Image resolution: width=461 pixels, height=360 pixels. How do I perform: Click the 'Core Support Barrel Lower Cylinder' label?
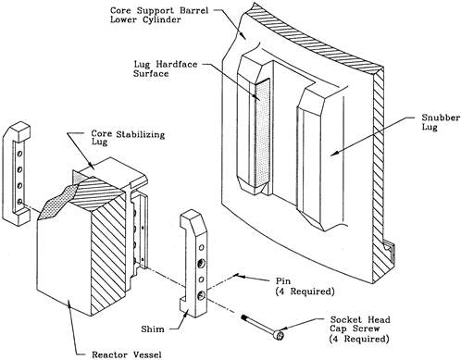[x=159, y=15]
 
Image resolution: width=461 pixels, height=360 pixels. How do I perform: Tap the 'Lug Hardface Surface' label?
[x=165, y=68]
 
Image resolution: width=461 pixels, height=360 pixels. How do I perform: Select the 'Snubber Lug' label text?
[x=441, y=122]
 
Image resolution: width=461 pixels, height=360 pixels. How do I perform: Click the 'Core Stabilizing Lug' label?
[x=128, y=138]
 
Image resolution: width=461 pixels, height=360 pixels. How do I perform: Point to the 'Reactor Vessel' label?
[x=127, y=354]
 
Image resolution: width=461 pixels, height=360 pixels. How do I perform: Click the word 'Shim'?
[x=153, y=329]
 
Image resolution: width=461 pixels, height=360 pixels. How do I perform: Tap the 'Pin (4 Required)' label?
[x=305, y=286]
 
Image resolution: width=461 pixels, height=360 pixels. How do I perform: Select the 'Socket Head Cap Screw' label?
[x=360, y=324]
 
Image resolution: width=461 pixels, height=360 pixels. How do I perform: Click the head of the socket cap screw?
[x=280, y=334]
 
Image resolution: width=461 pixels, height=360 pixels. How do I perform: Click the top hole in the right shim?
[x=202, y=247]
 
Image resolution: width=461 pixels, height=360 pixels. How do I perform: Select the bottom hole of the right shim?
[x=202, y=296]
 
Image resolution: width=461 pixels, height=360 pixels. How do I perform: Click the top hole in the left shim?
[x=20, y=154]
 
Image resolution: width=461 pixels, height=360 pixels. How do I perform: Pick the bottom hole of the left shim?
[x=19, y=202]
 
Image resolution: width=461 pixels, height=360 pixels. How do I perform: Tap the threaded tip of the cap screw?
[x=243, y=317]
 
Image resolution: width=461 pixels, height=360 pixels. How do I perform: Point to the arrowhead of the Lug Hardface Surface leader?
[x=256, y=97]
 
